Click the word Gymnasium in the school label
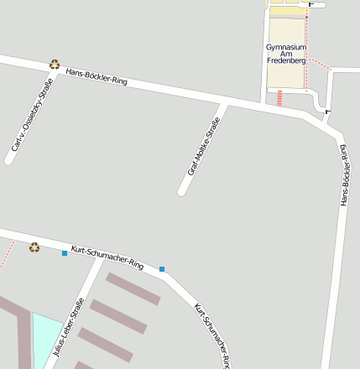pos(286,47)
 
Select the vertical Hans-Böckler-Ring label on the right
pos(343,174)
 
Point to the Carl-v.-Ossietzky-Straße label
pos(32,116)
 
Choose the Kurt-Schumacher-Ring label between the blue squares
pos(107,257)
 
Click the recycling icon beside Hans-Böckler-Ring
pos(55,64)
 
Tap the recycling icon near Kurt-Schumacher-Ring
pos(34,247)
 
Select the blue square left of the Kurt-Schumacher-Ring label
pos(65,252)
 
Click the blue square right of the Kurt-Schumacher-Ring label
pos(162,269)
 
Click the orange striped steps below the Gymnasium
pos(279,98)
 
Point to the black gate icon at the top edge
pos(311,3)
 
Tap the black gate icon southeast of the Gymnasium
pos(326,112)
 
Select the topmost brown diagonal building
pos(133,288)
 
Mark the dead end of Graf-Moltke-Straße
pos(182,192)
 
